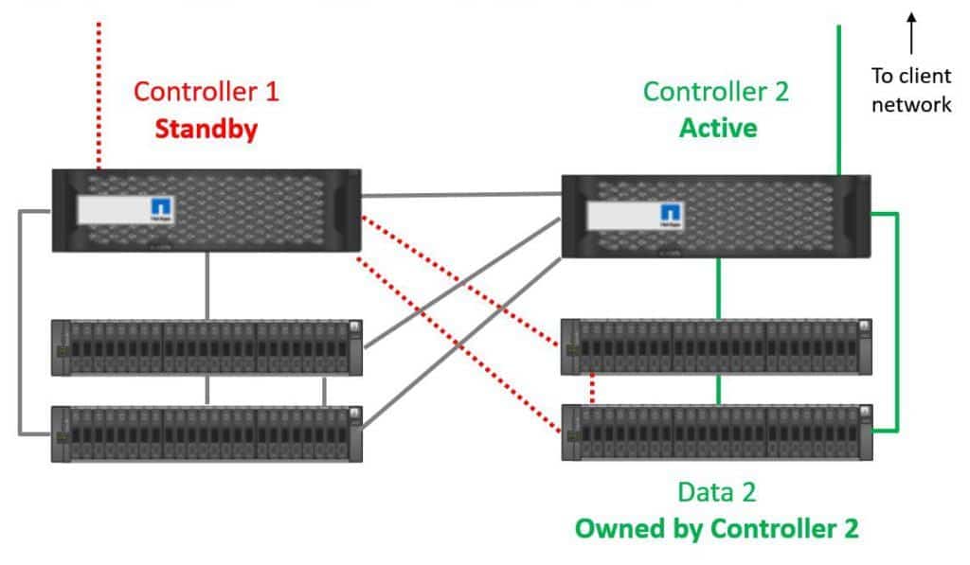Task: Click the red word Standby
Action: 207,129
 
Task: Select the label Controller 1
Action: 207,92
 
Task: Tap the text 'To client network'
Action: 911,91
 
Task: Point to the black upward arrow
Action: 911,32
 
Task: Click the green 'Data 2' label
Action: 716,492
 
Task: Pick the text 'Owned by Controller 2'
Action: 716,528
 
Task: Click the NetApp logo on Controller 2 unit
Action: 671,215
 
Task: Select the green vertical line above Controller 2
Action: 839,95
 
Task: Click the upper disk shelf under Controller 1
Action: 207,347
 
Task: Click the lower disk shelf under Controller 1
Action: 207,433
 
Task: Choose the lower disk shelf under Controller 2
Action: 716,433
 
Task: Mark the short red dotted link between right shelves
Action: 592,389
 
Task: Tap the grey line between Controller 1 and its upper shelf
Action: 207,286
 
